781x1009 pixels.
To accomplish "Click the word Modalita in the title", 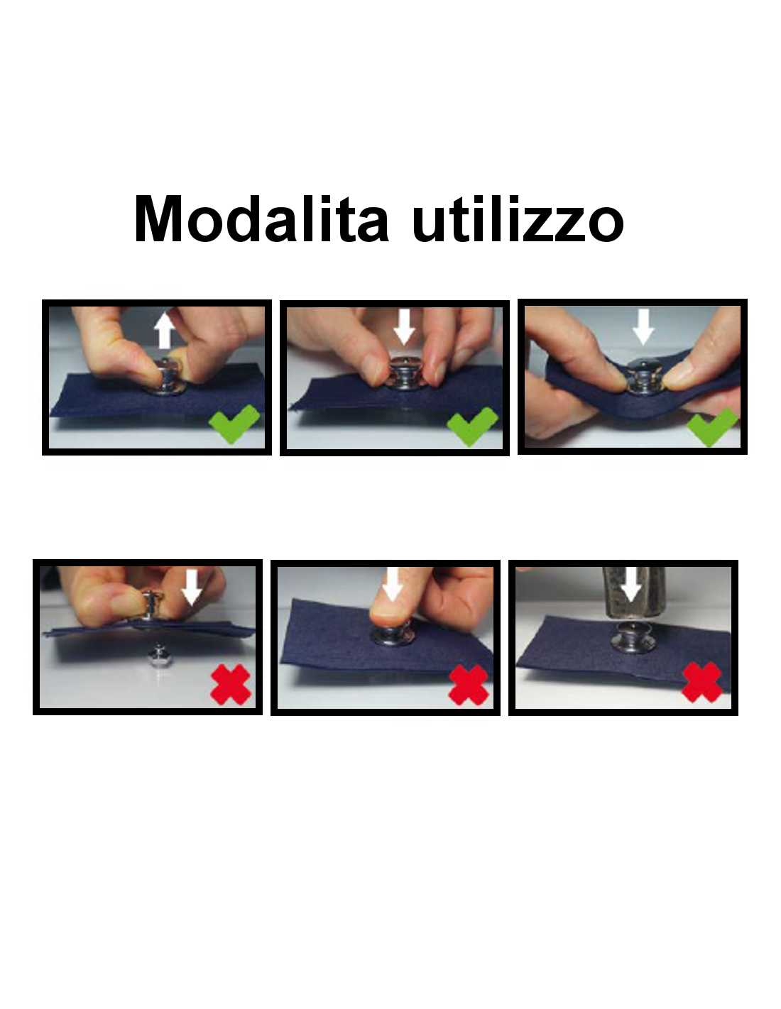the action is coord(261,219).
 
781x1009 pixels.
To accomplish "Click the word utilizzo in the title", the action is coord(518,219).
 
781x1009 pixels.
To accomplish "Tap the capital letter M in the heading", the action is coord(158,219).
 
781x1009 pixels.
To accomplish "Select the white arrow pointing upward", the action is coord(165,330).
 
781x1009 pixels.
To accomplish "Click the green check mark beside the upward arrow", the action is coord(234,424).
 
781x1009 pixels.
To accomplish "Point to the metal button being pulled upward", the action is coord(170,377).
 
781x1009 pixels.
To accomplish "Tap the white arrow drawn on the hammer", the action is coord(631,584).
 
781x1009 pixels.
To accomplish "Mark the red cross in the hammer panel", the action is coord(701,682).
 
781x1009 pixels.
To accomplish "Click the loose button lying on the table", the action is coord(158,656).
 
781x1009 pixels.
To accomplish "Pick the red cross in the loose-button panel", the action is coord(231,684).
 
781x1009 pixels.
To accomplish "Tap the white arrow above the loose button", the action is coord(192,588).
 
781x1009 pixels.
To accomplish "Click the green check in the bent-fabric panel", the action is coord(711,426).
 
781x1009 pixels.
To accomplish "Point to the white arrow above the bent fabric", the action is coord(643,327).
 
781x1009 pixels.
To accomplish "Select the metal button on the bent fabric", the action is coord(643,377).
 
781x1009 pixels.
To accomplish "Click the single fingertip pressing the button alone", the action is coord(389,618).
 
